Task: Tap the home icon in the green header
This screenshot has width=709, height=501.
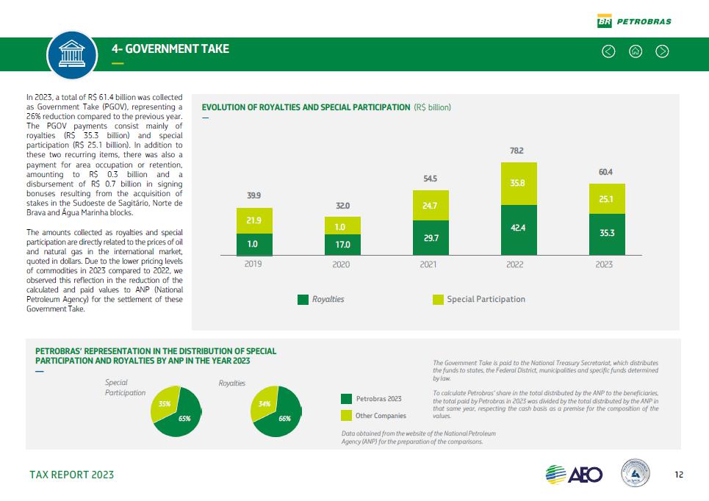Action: coord(636,51)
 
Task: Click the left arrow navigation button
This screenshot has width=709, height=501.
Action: coord(608,51)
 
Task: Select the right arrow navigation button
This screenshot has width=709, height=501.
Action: coord(662,51)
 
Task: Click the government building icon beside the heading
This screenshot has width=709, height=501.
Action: coord(72,54)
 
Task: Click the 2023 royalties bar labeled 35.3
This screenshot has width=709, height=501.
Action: coord(607,234)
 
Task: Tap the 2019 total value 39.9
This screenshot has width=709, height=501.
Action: coord(253,195)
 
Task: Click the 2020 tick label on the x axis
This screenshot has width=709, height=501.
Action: coord(341,264)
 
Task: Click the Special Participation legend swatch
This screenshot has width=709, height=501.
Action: coord(438,300)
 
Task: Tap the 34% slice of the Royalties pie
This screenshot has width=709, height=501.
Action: coord(264,405)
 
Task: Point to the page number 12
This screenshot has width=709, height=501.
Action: coord(679,475)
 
